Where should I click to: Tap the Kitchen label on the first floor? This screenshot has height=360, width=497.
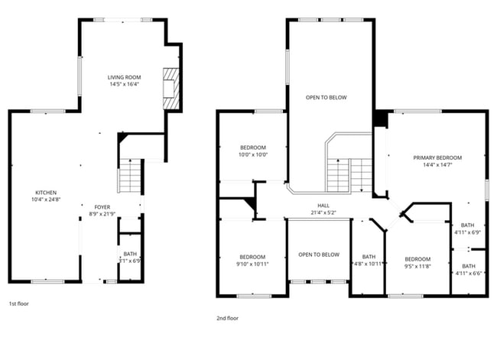(46, 193)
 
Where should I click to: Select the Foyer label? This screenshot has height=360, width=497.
(102, 207)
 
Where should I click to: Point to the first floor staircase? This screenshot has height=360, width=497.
(131, 177)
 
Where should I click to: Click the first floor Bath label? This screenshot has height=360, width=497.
(131, 254)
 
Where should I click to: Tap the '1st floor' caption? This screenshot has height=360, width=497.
(18, 303)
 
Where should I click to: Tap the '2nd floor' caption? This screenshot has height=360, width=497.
(227, 317)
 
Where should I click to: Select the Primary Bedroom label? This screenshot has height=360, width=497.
(437, 158)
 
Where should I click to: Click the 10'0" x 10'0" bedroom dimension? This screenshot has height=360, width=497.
(253, 154)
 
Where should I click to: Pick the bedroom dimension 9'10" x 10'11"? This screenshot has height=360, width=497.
(252, 264)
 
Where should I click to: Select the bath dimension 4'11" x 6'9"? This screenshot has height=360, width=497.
(467, 232)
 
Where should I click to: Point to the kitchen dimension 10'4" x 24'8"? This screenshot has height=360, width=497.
(46, 199)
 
